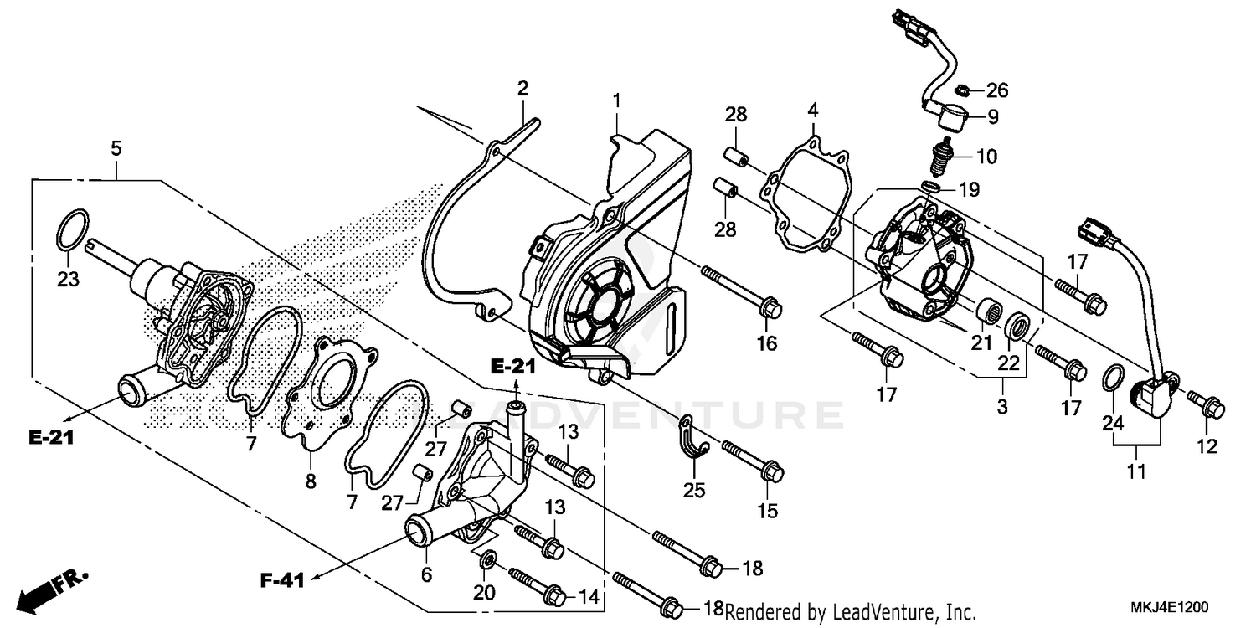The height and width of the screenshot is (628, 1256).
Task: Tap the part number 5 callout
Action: coord(116,149)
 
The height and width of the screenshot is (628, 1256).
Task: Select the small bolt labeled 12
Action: coord(1202,404)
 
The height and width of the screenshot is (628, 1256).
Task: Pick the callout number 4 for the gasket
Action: coord(811,110)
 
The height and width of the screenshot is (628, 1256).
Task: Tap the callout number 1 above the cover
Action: coord(616,101)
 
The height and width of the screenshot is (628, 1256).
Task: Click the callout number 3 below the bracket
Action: coord(1002,408)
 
